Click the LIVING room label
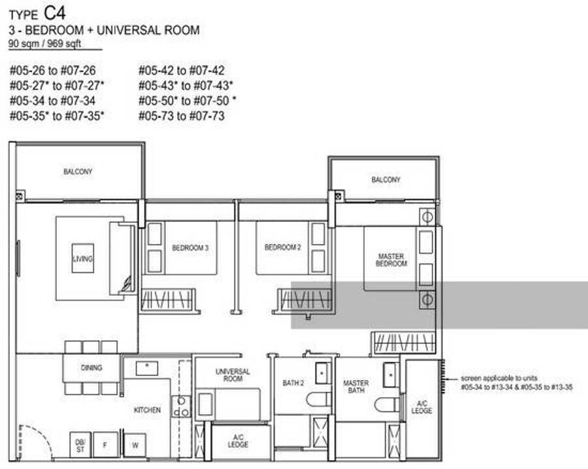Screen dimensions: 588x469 click(x=82, y=259)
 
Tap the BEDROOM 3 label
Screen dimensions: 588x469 click(x=190, y=248)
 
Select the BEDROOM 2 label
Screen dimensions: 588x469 click(x=283, y=247)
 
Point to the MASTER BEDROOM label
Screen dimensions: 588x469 click(x=391, y=260)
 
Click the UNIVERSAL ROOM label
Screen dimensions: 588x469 click(x=233, y=375)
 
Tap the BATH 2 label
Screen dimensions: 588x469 click(x=293, y=383)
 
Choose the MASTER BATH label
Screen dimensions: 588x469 click(x=356, y=387)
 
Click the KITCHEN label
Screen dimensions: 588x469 click(x=148, y=410)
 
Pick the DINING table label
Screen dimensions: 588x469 click(x=91, y=368)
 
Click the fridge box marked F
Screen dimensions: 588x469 click(x=105, y=445)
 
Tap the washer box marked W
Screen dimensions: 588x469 click(x=135, y=445)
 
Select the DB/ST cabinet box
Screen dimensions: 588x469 click(x=80, y=445)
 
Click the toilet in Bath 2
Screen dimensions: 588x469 click(x=319, y=399)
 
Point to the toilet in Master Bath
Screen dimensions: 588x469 click(x=387, y=404)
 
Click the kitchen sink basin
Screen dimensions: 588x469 click(x=146, y=368)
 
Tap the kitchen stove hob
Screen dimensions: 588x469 click(x=181, y=407)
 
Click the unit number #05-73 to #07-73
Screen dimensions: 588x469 click(x=182, y=116)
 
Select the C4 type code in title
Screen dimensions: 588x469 click(x=55, y=13)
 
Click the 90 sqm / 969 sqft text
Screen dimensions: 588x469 click(x=44, y=44)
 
